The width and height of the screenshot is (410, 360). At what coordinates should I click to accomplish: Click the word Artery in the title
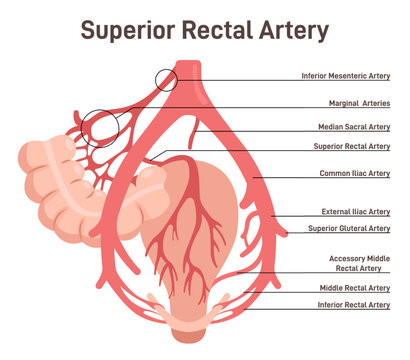pyautogui.click(x=291, y=31)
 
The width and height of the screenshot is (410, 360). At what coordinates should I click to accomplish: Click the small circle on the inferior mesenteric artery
pyautogui.click(x=165, y=79)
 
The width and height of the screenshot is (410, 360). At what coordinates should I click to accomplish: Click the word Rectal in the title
pyautogui.click(x=209, y=31)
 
